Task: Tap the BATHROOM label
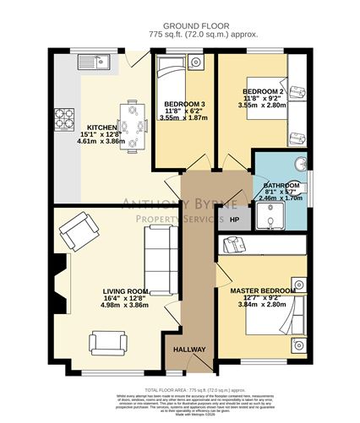point(281,185)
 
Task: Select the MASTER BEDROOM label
point(263,290)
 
